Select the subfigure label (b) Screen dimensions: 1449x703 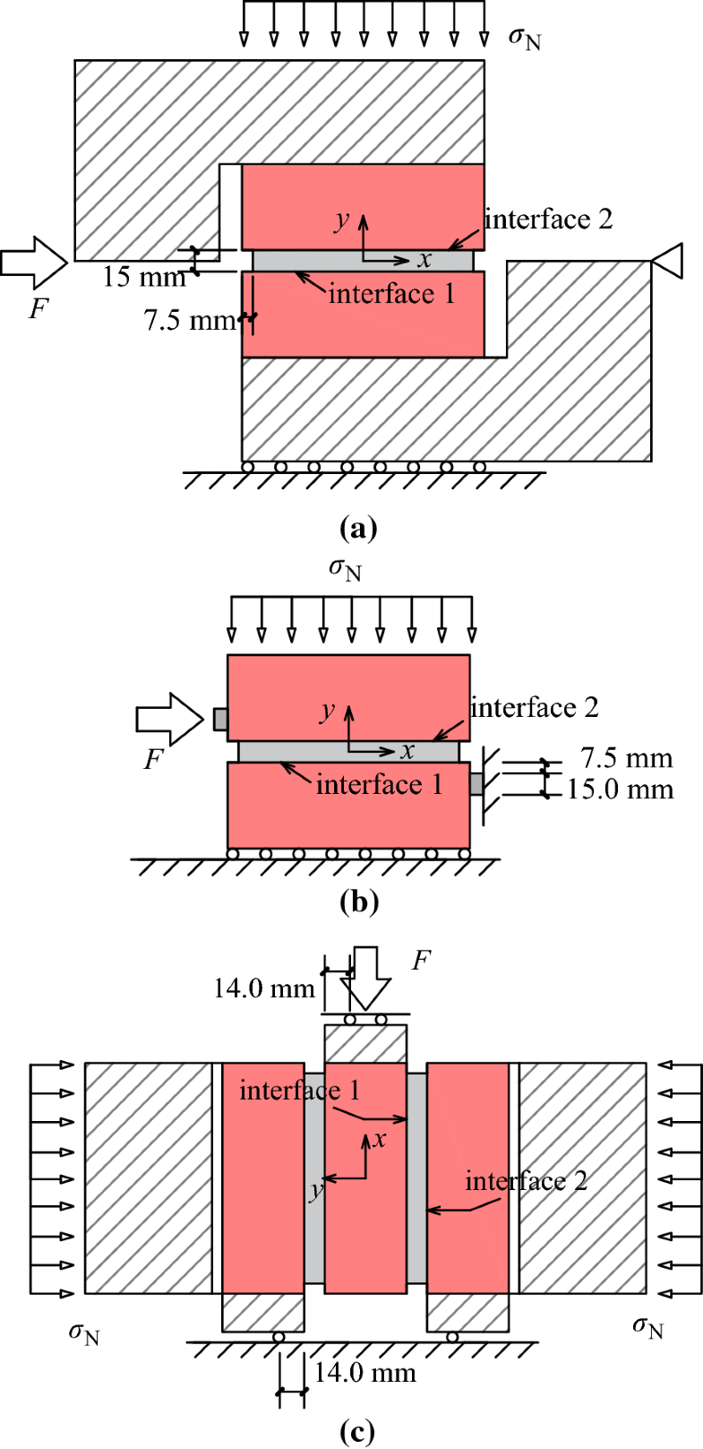(359, 901)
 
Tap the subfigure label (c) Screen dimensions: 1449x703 (359, 1431)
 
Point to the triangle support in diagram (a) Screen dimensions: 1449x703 (667, 261)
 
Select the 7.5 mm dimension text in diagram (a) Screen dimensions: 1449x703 (189, 320)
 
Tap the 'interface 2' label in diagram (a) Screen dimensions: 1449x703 (548, 219)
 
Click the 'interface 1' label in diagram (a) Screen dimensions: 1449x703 (391, 292)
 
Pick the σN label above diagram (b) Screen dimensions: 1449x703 (345, 570)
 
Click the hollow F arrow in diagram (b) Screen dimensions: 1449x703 (170, 719)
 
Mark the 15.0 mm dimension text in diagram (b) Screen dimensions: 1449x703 (620, 789)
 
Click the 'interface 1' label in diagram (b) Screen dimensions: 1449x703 (379, 784)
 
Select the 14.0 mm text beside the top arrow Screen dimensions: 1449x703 (264, 988)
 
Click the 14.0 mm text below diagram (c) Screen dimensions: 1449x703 (364, 1372)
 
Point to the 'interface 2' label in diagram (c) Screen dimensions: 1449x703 (526, 1180)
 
